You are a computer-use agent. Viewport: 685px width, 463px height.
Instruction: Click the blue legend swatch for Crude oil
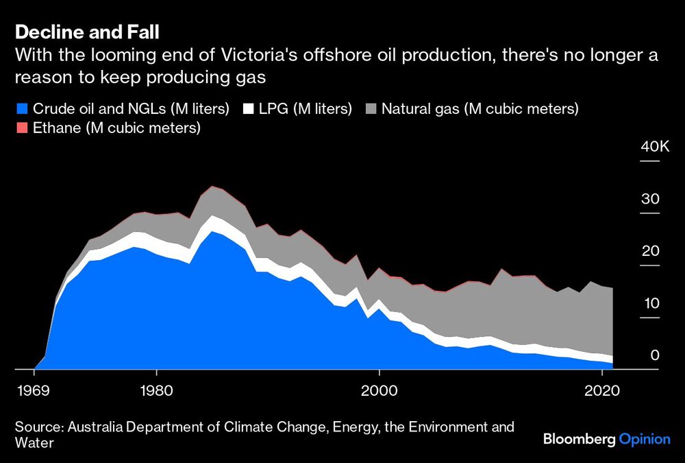(21, 108)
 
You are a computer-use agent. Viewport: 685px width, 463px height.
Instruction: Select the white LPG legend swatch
(249, 108)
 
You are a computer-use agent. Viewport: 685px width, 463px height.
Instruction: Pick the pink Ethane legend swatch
(21, 128)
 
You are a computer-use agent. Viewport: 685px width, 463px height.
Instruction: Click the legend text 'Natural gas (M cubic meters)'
(480, 108)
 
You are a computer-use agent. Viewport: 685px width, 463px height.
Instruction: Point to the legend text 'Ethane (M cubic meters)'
(116, 128)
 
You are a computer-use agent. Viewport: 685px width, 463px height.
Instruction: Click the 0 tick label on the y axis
(654, 355)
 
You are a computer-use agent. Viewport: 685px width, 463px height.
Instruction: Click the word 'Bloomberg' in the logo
(579, 440)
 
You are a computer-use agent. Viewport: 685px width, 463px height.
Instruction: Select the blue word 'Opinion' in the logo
(645, 440)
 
